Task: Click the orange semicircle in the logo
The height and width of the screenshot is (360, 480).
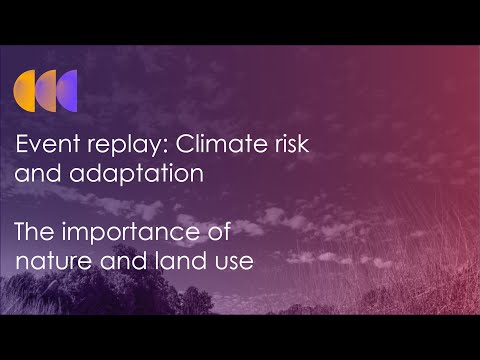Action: click(25, 90)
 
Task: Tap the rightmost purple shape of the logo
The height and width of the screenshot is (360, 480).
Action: click(67, 90)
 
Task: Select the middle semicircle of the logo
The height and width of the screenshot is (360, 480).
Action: click(46, 90)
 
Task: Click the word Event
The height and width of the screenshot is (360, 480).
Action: click(45, 146)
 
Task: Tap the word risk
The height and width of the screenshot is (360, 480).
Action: click(287, 146)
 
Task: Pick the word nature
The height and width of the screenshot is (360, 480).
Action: click(50, 263)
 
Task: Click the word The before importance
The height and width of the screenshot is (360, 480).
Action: click(36, 235)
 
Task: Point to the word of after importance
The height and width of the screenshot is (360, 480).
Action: click(220, 235)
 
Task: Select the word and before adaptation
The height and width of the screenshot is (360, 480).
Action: click(36, 173)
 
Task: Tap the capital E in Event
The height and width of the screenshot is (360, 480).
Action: click(23, 146)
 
